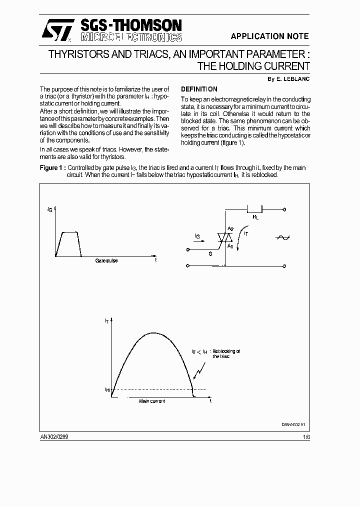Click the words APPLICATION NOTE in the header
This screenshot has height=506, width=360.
(269, 36)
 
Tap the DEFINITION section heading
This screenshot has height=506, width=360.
(199, 89)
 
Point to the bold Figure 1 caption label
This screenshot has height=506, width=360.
(52, 168)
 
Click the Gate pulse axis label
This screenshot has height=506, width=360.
(106, 261)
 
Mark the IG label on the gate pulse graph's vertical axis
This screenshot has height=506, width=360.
(49, 210)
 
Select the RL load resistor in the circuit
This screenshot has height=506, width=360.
(255, 210)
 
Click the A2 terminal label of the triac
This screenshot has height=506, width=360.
(230, 229)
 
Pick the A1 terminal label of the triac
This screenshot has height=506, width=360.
(230, 246)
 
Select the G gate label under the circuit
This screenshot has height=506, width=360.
(210, 254)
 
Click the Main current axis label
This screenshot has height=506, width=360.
(152, 401)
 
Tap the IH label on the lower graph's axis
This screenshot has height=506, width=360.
(107, 389)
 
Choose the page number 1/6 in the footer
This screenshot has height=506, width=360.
(306, 436)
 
